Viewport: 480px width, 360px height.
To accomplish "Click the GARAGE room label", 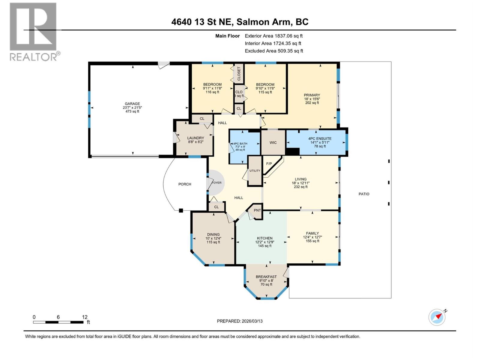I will coord(132,104).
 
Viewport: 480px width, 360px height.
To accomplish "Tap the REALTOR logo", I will coord(33,31).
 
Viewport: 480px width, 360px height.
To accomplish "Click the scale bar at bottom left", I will coord(58,322).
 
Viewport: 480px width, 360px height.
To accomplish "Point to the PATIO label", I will coord(364,194).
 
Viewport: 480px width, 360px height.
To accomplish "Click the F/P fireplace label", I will coord(269,164).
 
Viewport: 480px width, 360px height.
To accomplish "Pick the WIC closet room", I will coord(273,142).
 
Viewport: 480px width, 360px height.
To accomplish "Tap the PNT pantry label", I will coord(257,210).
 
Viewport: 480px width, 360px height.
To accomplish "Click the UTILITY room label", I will coord(255,171).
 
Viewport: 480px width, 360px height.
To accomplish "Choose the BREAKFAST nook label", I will coord(266,277).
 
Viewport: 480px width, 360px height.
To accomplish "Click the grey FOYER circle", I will coord(216,182).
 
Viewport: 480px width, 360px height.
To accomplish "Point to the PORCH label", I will coord(184,184).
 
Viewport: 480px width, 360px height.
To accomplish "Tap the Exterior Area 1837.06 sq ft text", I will coord(274,36).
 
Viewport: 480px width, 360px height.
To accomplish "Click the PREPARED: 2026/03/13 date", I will coord(240,321).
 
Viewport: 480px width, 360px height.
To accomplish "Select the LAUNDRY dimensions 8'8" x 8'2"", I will coord(195,142).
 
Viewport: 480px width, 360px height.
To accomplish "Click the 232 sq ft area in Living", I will coord(301,187).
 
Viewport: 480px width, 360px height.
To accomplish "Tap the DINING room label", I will coord(213,235).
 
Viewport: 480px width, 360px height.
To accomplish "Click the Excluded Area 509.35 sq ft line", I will coord(274,51).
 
